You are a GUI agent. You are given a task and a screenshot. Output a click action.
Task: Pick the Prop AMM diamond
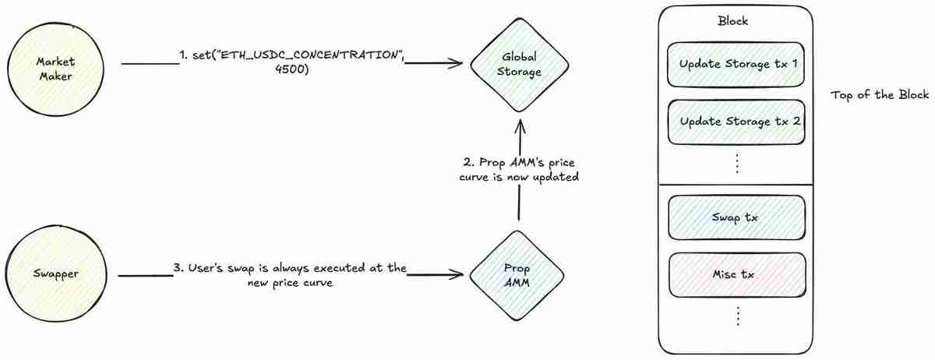tap(517, 275)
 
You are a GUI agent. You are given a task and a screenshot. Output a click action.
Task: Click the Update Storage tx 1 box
tap(736, 64)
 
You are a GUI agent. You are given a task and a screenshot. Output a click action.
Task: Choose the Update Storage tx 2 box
tap(736, 122)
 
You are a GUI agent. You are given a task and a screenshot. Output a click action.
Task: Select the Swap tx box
tap(736, 217)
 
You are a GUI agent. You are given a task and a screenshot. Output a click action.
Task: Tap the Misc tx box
tap(736, 274)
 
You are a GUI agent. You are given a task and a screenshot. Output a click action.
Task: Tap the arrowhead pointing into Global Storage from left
tap(455, 65)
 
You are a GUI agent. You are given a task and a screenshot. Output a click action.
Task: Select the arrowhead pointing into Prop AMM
tap(455, 274)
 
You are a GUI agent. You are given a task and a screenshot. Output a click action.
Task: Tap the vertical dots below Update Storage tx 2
tap(736, 164)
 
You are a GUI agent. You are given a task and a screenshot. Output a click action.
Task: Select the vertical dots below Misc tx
tap(736, 316)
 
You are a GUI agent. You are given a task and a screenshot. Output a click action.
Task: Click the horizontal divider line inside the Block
tap(736, 185)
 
